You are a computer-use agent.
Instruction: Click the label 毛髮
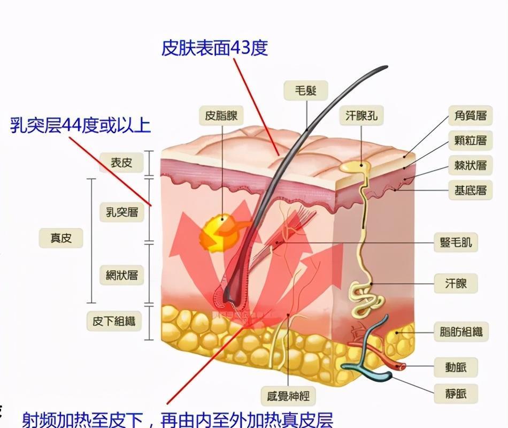[306, 91]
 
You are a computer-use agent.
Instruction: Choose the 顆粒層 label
[470, 141]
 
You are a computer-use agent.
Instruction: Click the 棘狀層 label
[470, 165]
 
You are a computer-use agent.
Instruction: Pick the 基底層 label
[470, 190]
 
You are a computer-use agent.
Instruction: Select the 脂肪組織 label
[460, 332]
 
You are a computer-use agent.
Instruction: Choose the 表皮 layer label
[121, 163]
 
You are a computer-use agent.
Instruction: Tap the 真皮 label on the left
[61, 238]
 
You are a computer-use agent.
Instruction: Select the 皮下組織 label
[113, 321]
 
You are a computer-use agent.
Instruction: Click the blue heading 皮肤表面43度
[214, 49]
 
